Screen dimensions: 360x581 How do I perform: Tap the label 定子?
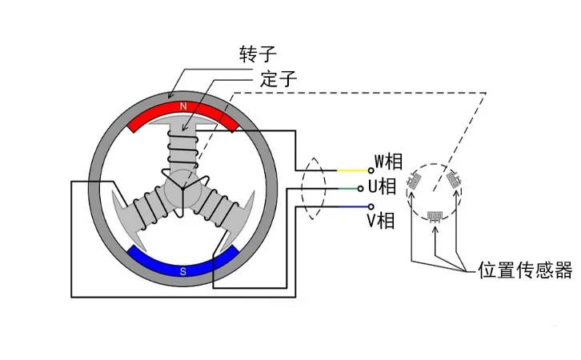pyautogui.click(x=279, y=80)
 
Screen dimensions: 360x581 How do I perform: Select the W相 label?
pyautogui.click(x=390, y=162)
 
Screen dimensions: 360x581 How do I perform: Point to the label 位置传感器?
pyautogui.click(x=524, y=270)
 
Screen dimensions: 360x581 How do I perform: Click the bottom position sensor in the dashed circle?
pyautogui.click(x=435, y=215)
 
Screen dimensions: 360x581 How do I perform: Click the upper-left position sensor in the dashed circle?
pyautogui.click(x=415, y=181)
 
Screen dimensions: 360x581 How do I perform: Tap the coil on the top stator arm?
pyautogui.click(x=183, y=148)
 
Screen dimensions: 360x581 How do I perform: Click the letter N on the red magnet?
pyautogui.click(x=183, y=106)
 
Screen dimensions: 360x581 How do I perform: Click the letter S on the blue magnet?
pyautogui.click(x=183, y=271)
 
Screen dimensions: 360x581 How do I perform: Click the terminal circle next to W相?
pyautogui.click(x=371, y=170)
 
